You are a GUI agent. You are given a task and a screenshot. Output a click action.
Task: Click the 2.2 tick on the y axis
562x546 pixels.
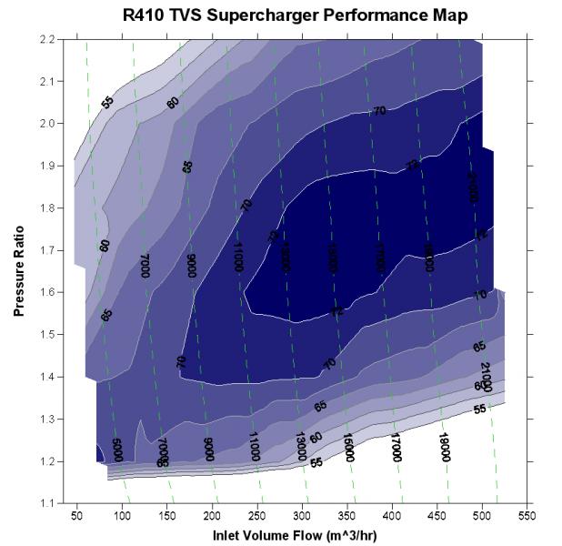pos(46,39)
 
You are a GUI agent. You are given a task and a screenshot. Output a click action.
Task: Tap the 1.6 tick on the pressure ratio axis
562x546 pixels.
pos(46,292)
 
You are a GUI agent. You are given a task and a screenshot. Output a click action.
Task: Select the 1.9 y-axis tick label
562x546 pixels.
pos(46,166)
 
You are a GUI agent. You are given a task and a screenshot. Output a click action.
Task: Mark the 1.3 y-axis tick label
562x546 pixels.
pos(46,419)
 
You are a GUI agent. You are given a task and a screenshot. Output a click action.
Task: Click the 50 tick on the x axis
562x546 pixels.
pos(78,515)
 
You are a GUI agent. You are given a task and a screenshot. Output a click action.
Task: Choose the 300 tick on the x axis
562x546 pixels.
pos(302,515)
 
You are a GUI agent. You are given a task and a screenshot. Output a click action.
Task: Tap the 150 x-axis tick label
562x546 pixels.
pos(168,515)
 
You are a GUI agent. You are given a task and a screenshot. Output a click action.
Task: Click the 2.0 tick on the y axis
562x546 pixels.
pos(46,124)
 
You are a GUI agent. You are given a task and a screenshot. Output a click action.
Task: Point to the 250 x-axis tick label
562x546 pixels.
pos(257,515)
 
